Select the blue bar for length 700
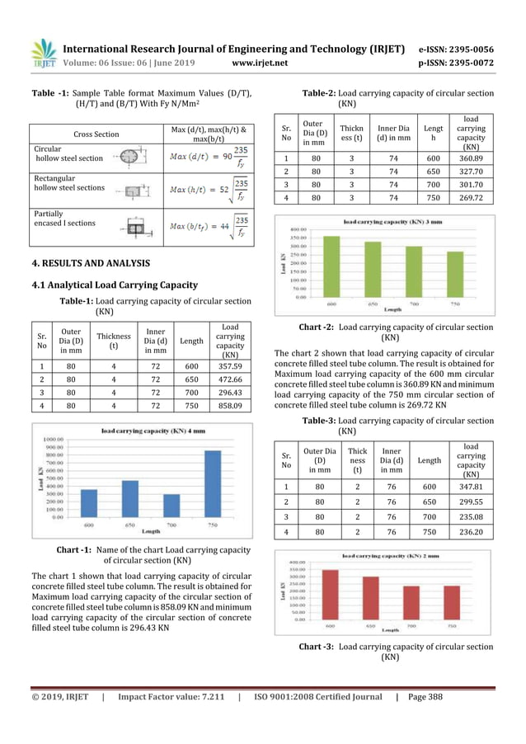171,506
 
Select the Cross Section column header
96,134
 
